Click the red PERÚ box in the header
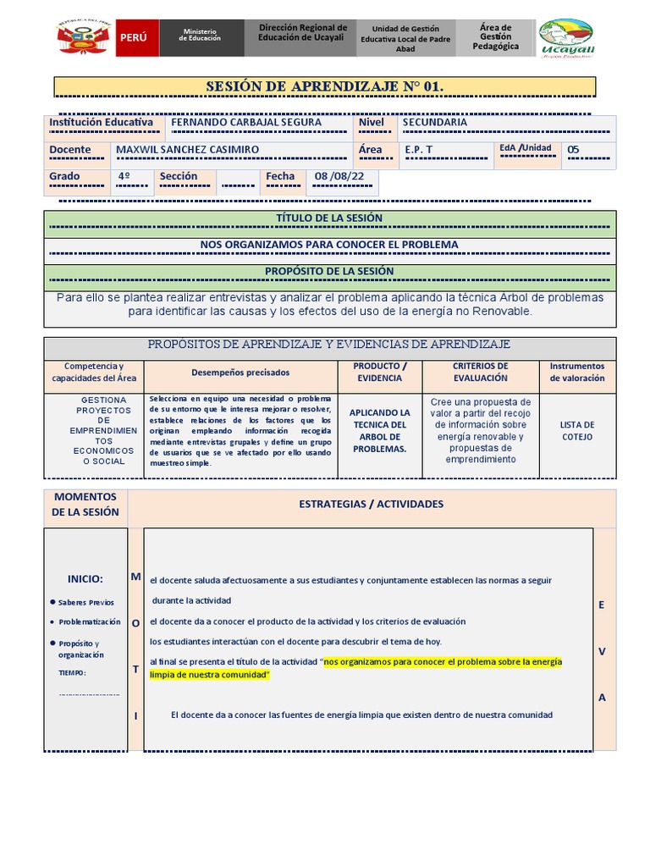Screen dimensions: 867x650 coord(135,38)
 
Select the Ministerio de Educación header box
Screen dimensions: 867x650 coord(201,38)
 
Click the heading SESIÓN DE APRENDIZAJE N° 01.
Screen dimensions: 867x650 coord(325,86)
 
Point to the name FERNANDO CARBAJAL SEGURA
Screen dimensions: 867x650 coord(246,122)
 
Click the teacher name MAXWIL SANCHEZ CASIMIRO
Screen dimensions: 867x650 coord(187,150)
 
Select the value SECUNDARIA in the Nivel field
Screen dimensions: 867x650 coord(435,122)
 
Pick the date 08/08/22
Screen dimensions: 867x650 coord(339,177)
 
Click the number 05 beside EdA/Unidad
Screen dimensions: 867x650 coord(574,150)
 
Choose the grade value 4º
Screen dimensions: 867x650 coord(124,177)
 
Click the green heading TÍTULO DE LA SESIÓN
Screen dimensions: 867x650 coord(329,218)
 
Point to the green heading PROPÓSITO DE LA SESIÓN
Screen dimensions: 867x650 coord(329,272)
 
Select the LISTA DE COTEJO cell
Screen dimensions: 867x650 coord(577,431)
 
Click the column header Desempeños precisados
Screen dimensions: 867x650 coord(240,373)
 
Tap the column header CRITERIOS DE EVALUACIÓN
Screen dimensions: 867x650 coord(480,372)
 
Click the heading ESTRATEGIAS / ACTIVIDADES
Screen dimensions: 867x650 coord(371,504)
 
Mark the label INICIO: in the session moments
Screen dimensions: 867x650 coord(85,579)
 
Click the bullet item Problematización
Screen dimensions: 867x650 coord(90,622)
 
